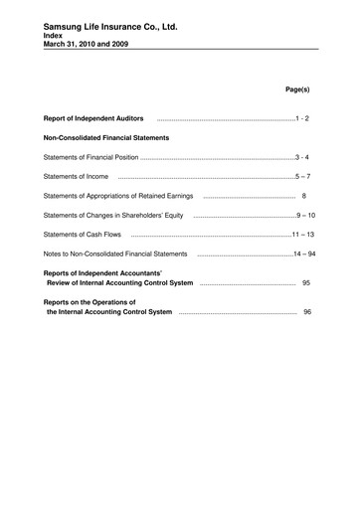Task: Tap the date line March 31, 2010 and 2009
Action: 85,44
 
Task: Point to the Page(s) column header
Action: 297,89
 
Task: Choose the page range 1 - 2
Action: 302,118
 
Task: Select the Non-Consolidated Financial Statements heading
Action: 106,137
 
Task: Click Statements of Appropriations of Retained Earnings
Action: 120,196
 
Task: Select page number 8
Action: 304,196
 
